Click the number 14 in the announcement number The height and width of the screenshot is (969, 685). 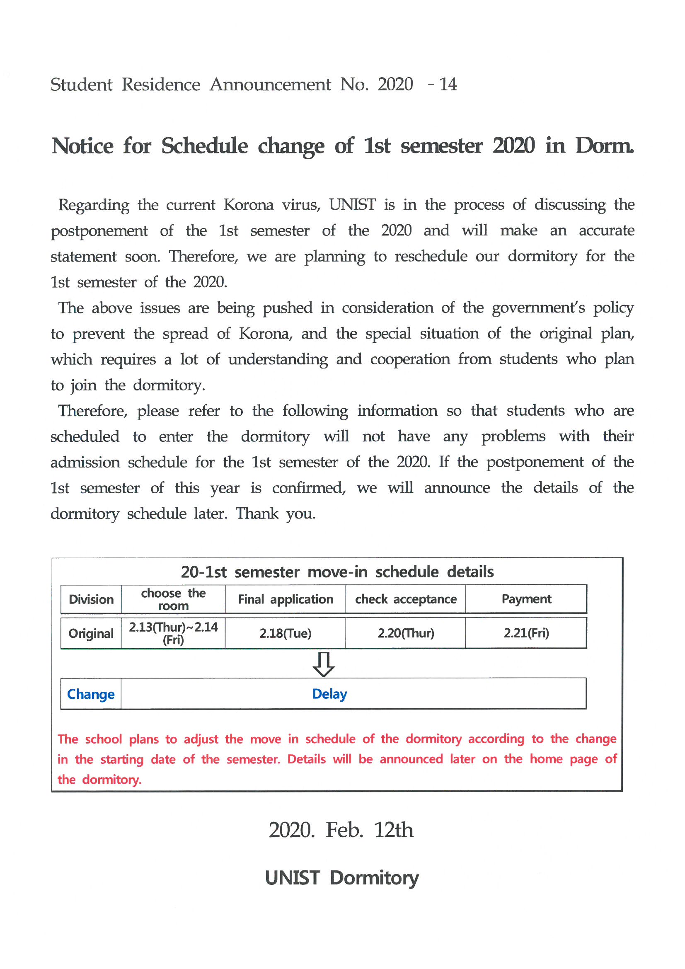[x=448, y=85]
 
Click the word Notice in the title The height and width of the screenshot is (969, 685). [x=82, y=146]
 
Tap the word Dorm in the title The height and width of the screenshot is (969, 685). [x=604, y=146]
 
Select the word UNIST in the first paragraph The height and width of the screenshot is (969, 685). [x=352, y=205]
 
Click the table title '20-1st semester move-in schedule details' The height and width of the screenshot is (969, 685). [x=337, y=572]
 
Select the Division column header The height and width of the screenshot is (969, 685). [x=91, y=599]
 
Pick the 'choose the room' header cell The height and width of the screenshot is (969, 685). [x=173, y=599]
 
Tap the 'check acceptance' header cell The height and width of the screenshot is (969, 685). [x=406, y=599]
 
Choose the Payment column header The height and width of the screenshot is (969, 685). [x=526, y=599]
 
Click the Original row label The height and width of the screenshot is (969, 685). [x=91, y=633]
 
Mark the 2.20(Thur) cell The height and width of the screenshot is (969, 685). [x=406, y=633]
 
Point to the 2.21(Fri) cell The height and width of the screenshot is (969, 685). [x=526, y=633]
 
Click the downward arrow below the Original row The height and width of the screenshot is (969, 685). [x=324, y=664]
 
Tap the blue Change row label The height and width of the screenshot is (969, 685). [x=91, y=694]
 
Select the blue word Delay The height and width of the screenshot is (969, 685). [x=329, y=694]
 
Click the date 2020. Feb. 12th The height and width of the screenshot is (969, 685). [x=341, y=830]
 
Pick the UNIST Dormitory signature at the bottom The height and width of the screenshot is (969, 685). [x=342, y=878]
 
